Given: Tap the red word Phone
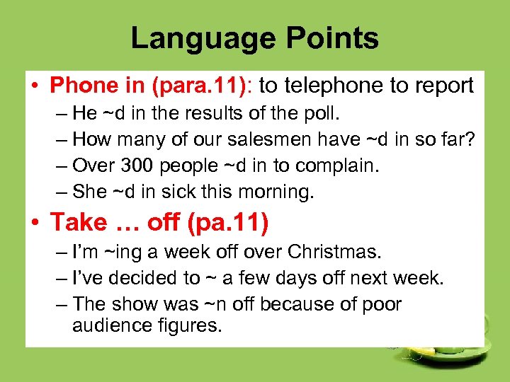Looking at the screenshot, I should click(x=82, y=86).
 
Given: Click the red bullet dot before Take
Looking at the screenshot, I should click(x=33, y=224).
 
